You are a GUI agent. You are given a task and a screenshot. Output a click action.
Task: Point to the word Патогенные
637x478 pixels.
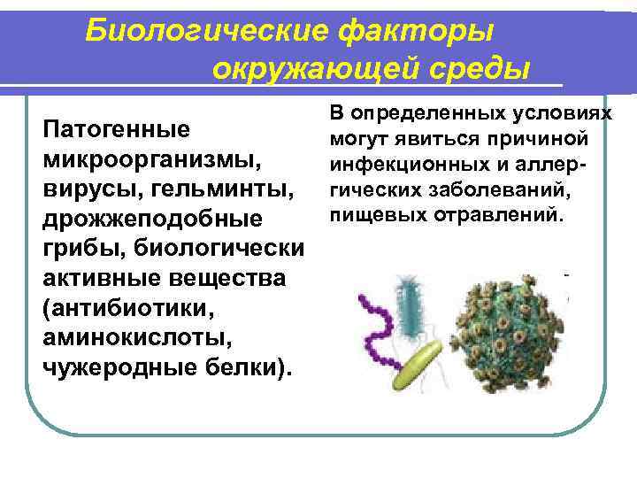point(116,130)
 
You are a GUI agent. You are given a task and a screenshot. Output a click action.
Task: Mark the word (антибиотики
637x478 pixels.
point(127,306)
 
